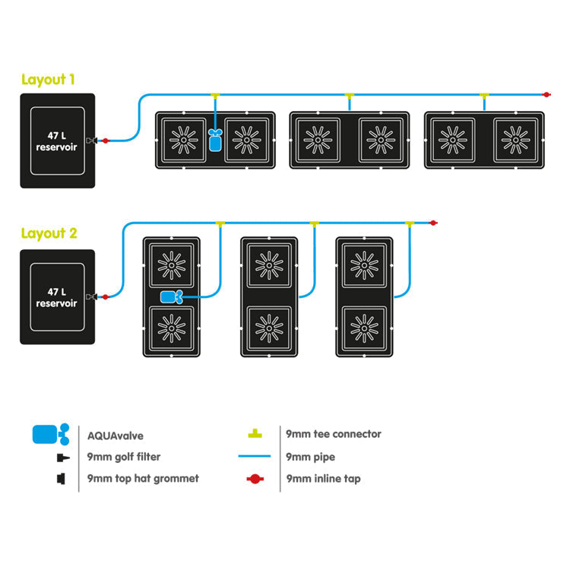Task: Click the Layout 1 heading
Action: pos(49,79)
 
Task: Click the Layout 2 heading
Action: pos(49,233)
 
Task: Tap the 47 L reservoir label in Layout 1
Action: pos(56,141)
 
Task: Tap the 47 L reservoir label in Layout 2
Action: pos(56,296)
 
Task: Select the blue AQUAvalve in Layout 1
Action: pos(215,140)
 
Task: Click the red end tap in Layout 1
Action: pos(546,94)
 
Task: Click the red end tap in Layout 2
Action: pos(432,223)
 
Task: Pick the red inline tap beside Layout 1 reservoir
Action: pos(105,141)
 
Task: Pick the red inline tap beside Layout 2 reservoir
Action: pos(105,296)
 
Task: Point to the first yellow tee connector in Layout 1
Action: pos(215,96)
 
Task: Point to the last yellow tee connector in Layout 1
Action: pos(484,96)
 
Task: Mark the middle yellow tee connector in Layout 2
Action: pos(313,223)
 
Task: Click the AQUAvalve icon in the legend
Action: pos(51,435)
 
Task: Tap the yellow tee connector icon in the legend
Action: pos(256,434)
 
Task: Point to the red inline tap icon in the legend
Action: pos(255,480)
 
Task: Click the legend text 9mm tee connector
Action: pos(333,434)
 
